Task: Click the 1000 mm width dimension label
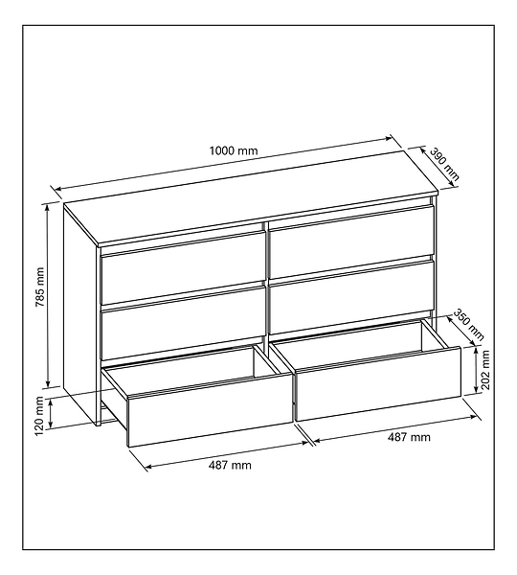[234, 150]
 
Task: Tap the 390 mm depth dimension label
[444, 164]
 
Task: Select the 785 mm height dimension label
[39, 287]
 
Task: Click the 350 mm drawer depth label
[469, 325]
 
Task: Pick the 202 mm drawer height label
[485, 370]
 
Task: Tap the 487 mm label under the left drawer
[230, 466]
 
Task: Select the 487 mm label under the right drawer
[409, 437]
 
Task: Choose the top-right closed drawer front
[351, 241]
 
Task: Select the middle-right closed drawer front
[351, 297]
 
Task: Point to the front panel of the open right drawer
[378, 383]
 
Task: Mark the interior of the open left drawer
[198, 370]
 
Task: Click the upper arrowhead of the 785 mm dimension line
[47, 207]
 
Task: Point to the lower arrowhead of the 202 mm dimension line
[476, 391]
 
